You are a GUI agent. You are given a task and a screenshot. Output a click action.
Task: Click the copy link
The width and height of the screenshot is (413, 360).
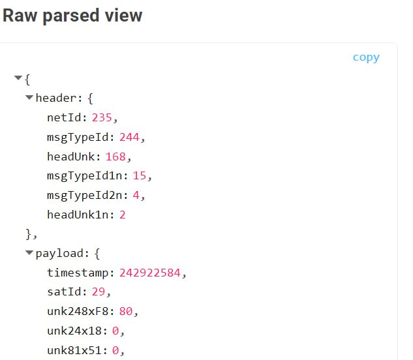point(366,57)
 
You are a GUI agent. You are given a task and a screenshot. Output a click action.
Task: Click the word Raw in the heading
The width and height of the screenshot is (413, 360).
point(20,16)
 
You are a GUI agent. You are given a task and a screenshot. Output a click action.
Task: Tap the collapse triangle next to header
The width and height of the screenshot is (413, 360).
point(29,98)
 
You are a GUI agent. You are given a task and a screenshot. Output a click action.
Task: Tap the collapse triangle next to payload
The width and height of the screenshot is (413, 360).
point(29,253)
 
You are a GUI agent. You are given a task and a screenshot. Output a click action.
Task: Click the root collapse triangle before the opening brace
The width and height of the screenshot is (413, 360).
point(18,78)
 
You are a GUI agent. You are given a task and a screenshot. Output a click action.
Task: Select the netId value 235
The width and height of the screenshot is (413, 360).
point(102,118)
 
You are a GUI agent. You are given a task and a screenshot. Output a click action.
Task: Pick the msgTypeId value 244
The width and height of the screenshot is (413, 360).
point(129,137)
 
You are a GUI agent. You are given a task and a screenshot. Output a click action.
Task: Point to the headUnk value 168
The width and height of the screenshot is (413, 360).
point(115,157)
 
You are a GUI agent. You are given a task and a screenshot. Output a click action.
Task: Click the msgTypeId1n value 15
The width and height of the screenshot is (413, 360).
point(140,176)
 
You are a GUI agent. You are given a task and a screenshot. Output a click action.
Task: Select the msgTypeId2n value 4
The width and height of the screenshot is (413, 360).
point(136,196)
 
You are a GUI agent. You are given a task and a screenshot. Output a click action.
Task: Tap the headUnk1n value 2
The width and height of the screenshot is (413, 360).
point(123,215)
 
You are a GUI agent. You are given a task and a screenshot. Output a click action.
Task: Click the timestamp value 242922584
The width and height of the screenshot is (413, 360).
point(150,273)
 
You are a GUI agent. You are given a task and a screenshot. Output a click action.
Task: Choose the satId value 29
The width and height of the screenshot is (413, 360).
point(99,292)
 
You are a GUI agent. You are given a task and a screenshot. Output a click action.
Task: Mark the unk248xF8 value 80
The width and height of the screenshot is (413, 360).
point(126,311)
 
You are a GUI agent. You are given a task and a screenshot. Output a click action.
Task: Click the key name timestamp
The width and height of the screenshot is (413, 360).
point(78,273)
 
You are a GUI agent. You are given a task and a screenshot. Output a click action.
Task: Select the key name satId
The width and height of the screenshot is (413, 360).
point(64,292)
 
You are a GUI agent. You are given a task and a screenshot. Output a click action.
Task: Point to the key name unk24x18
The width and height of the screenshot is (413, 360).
point(74,331)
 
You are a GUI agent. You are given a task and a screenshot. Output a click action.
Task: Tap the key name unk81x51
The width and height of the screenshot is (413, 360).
point(74,350)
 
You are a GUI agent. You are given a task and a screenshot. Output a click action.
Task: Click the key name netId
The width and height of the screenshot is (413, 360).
point(64,118)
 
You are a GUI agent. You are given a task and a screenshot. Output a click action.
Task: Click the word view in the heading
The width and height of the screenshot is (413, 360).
point(123,16)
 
